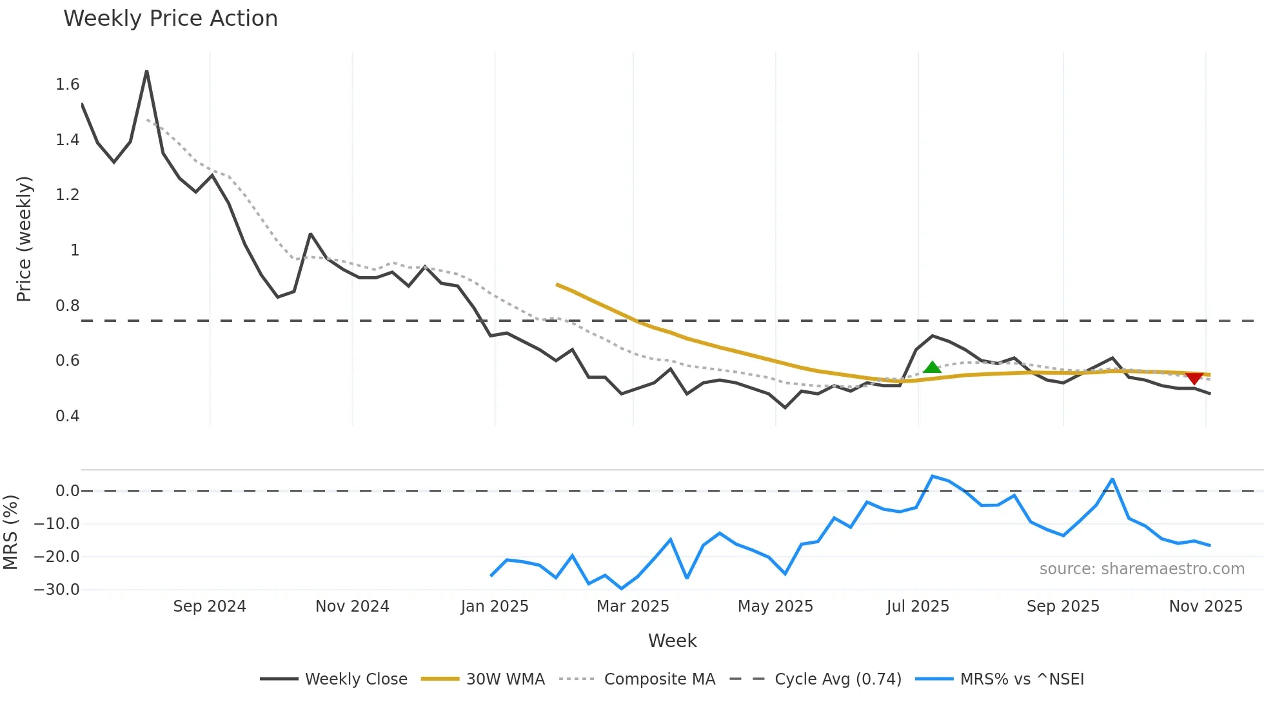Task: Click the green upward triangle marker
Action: point(932,368)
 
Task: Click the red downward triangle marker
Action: point(1194,378)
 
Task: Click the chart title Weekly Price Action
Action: point(170,19)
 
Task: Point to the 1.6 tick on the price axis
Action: point(67,85)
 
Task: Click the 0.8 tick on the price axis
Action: point(67,306)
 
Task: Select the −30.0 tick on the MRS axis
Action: point(57,590)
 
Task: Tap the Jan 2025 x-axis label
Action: point(495,606)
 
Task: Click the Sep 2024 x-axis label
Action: point(210,606)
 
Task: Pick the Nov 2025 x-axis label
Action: point(1205,606)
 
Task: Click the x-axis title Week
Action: point(672,641)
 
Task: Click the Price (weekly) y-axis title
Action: point(24,239)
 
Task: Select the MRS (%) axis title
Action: point(10,532)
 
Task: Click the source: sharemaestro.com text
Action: point(1141,569)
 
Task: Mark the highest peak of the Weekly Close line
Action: point(147,71)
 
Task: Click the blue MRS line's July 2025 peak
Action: point(933,476)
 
